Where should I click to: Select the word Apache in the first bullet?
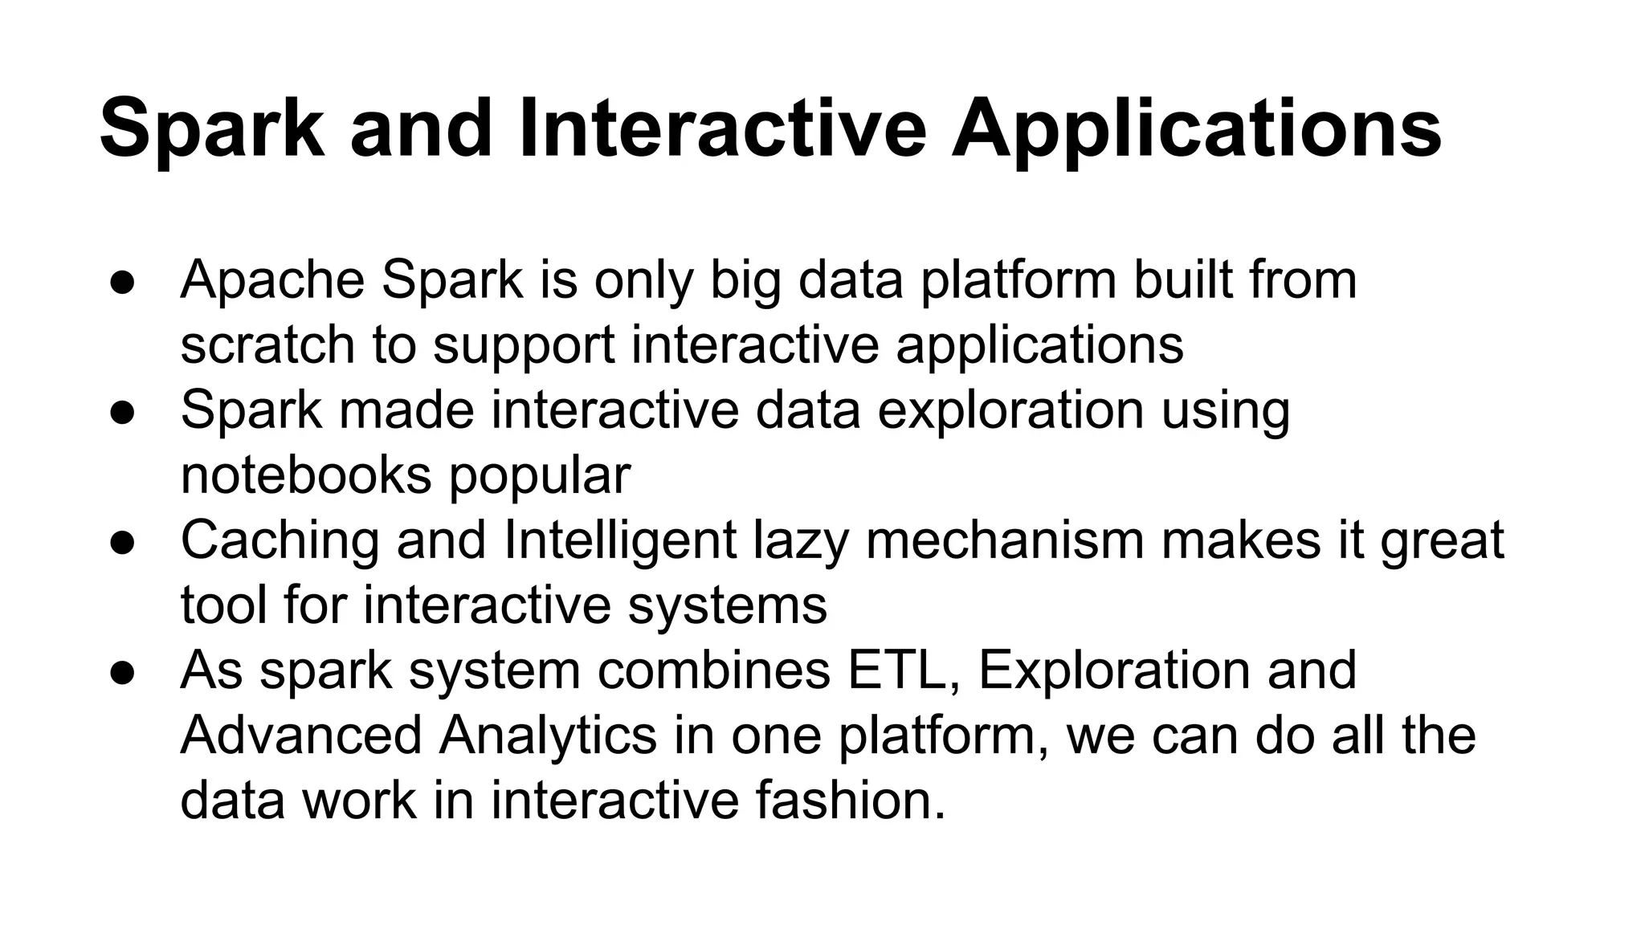pos(272,281)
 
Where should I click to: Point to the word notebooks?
pos(306,475)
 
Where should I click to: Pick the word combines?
pos(713,670)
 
